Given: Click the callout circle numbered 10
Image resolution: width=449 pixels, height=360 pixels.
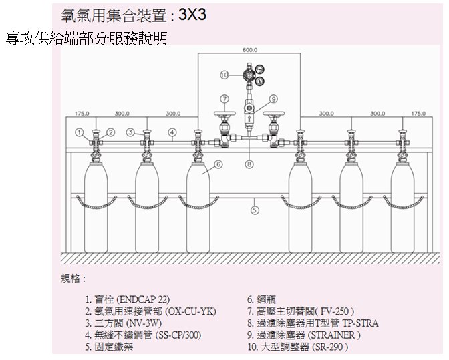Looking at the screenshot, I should pos(224,75).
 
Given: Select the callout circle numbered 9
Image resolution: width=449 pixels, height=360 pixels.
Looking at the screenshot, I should pos(273,99).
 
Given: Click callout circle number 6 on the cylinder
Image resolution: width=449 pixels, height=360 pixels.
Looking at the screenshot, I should pos(218,164).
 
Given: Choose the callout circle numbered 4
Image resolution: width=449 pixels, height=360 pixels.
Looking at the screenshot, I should pos(172,132).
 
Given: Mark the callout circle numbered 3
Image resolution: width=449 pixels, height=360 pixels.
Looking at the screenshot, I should pos(130,132).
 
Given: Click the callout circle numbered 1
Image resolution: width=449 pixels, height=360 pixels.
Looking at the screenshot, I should pos(80,132).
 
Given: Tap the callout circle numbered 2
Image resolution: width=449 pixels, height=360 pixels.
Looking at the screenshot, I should pos(111,132).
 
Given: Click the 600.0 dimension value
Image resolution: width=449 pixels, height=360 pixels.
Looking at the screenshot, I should pos(250,50).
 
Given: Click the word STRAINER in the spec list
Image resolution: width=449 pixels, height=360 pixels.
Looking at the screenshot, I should pos(334,335).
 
